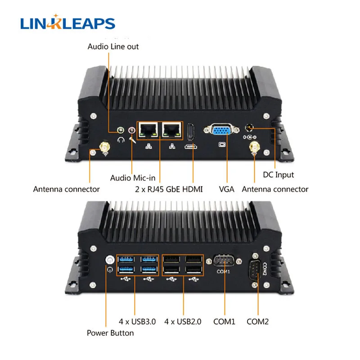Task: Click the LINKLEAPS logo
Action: (68, 22)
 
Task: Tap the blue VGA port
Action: (221, 130)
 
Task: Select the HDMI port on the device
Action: (190, 132)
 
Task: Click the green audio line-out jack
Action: (121, 130)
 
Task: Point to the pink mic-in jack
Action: (131, 130)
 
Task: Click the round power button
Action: (110, 260)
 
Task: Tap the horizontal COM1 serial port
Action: (224, 261)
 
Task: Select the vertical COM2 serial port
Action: (255, 270)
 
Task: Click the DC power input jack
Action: (249, 128)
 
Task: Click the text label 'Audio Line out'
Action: (113, 47)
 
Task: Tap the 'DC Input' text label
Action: (278, 175)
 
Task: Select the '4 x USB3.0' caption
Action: (137, 322)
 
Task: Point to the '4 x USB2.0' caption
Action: (183, 322)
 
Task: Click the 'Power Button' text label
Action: (110, 333)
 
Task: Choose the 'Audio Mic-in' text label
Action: (133, 178)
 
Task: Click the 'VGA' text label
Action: (227, 189)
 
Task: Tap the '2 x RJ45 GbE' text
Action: (157, 189)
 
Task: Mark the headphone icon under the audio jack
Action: (121, 140)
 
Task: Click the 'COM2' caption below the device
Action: (257, 322)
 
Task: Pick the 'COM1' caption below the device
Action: (224, 322)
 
